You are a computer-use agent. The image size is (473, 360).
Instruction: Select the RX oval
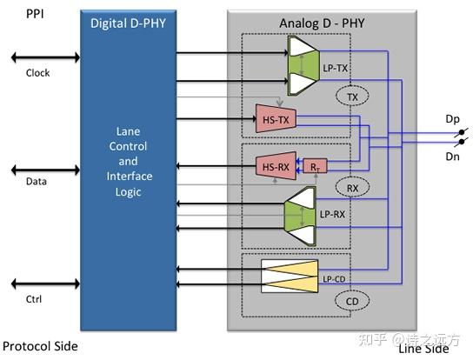click(x=352, y=187)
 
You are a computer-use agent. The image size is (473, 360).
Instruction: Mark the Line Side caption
click(x=423, y=349)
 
